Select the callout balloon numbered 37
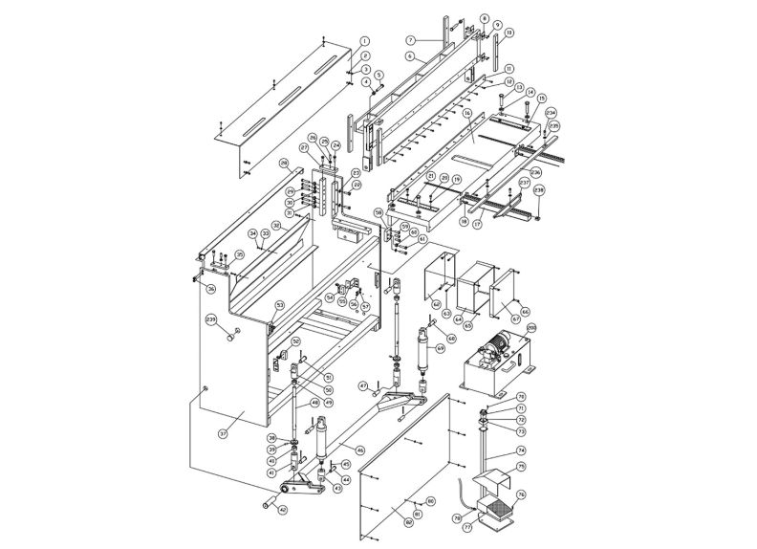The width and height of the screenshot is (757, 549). pos(223,433)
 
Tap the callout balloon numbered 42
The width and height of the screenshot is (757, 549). pos(282,510)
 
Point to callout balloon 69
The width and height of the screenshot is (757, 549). pos(441,349)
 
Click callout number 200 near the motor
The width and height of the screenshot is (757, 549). pos(531,328)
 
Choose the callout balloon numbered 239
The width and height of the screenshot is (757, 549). pos(211,318)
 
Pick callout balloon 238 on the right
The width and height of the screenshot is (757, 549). pos(538,190)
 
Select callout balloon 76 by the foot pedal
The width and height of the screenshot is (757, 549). pos(522,494)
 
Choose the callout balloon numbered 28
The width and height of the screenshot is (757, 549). pos(284,164)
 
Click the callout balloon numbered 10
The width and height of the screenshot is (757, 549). pos(508,33)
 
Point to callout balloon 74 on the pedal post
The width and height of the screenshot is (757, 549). pos(522,450)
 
